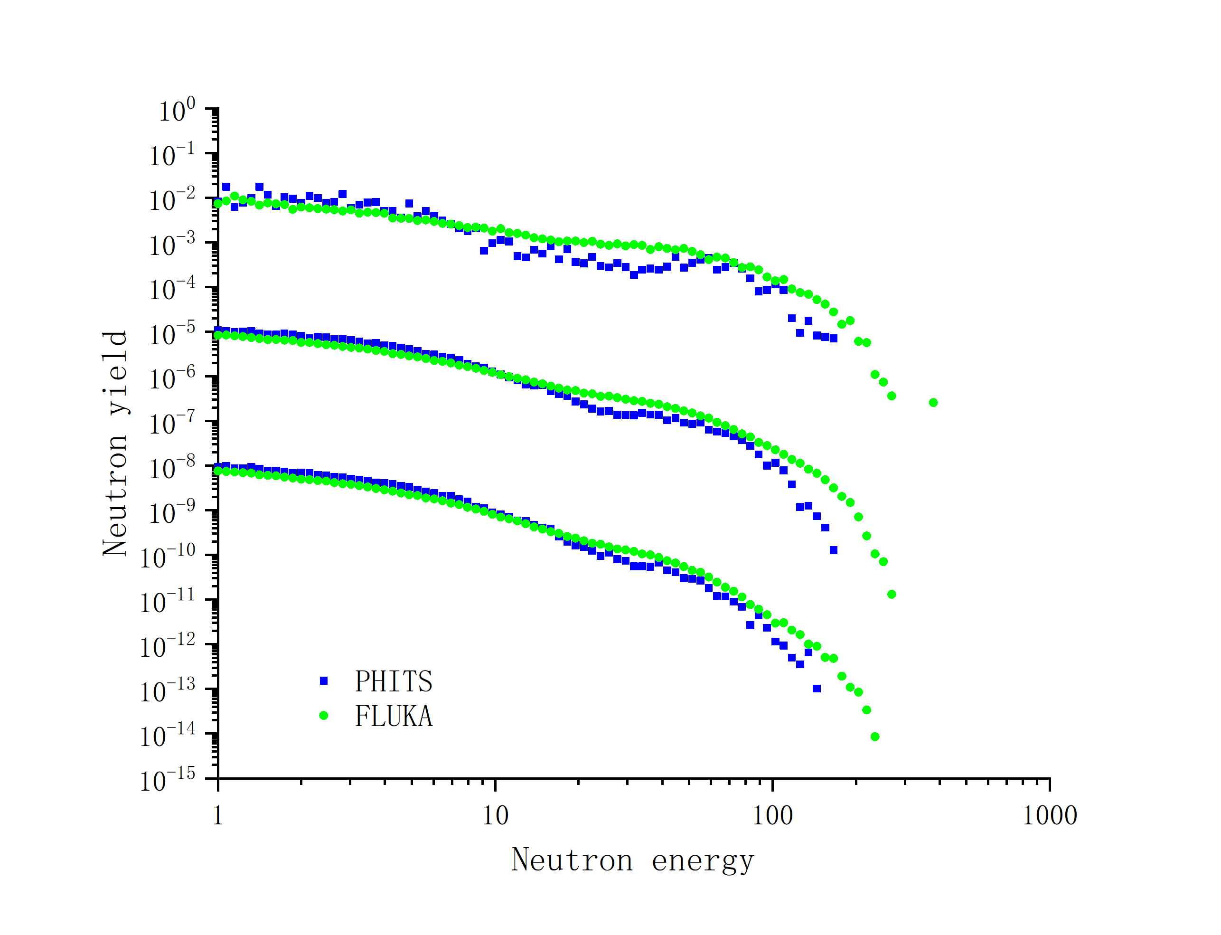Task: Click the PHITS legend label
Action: [393, 681]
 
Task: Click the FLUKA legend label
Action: [393, 716]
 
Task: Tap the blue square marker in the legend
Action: [324, 680]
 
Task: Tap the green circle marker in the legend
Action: [324, 716]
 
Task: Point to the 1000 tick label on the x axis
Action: [1049, 816]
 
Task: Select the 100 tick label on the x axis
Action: [772, 816]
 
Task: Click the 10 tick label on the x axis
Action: [495, 816]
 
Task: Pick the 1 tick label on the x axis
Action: [217, 816]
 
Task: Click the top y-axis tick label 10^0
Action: [177, 110]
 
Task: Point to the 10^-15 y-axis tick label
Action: [167, 780]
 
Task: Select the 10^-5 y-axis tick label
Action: [172, 334]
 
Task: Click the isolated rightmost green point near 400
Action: [933, 402]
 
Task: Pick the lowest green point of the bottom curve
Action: [874, 737]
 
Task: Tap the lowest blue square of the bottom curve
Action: [817, 689]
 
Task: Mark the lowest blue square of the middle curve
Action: [833, 550]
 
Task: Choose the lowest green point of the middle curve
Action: [892, 595]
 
